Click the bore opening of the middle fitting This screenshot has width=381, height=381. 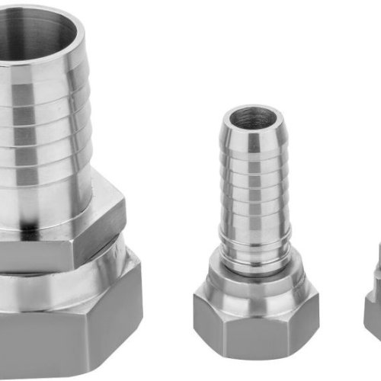pos(255,118)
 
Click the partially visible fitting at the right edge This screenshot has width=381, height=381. pos(373,305)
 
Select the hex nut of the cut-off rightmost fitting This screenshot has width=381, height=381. pos(373,320)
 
